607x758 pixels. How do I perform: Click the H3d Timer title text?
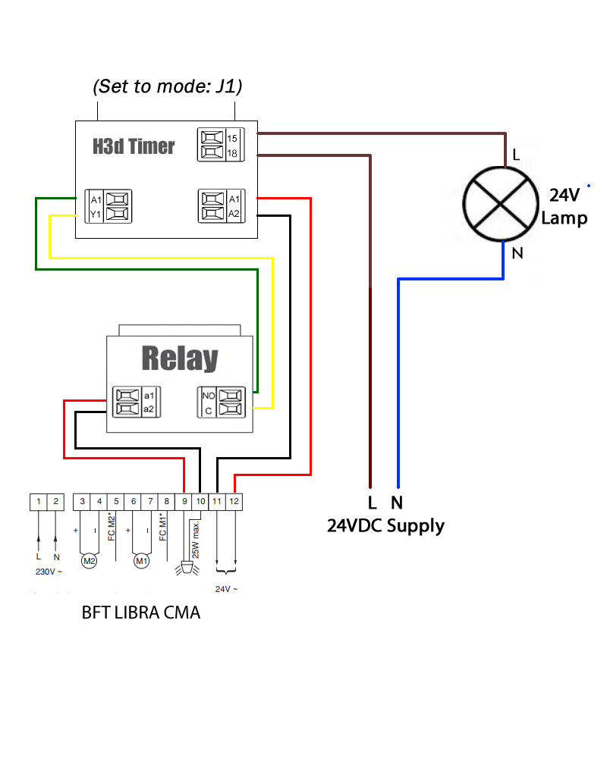click(x=134, y=146)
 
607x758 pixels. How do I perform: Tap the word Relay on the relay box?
click(x=179, y=359)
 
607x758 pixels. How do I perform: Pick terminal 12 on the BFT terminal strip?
click(x=234, y=501)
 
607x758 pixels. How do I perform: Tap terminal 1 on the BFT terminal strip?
click(x=38, y=501)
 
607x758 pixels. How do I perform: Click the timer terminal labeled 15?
click(x=212, y=138)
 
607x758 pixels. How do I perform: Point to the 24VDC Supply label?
click(x=385, y=525)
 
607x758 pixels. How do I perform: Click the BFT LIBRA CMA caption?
click(x=141, y=612)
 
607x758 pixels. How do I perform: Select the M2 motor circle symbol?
click(x=90, y=561)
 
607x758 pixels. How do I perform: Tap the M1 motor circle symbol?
click(x=141, y=561)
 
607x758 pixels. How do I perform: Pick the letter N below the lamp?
click(x=517, y=253)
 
